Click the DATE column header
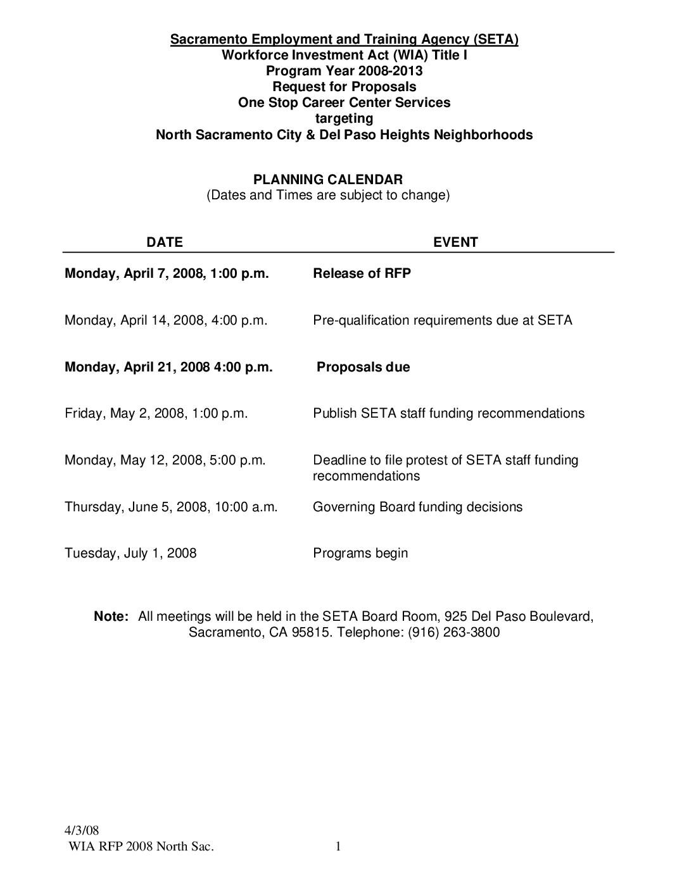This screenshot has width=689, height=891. [165, 242]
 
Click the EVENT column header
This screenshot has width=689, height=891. [455, 242]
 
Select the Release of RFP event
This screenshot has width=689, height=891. [362, 273]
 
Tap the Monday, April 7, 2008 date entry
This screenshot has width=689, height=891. [167, 273]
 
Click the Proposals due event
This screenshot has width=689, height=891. [363, 367]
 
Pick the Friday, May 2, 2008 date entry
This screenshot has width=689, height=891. [156, 413]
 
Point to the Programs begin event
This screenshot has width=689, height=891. [360, 553]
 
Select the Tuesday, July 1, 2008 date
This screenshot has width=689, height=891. [130, 553]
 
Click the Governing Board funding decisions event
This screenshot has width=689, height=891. [417, 507]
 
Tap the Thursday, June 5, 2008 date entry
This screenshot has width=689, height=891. [171, 507]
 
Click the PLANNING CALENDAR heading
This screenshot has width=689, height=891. [328, 180]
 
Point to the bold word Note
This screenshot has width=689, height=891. [111, 616]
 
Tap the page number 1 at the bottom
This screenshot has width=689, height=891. [338, 847]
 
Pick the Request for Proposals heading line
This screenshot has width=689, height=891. [344, 87]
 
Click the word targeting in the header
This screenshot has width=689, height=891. [344, 118]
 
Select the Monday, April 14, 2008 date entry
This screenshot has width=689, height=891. [166, 320]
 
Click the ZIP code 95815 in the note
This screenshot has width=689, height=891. [310, 632]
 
